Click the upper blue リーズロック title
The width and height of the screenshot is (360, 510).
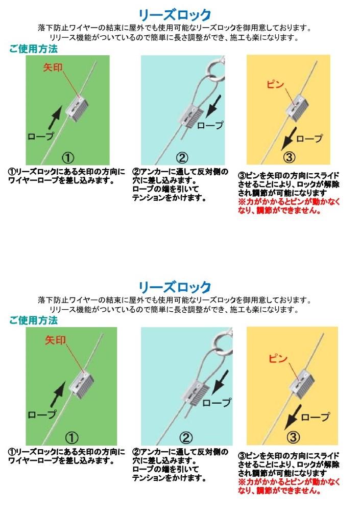(x=175, y=14)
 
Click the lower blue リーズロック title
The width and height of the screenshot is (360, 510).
(x=175, y=287)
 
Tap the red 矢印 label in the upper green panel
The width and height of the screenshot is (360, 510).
(x=53, y=67)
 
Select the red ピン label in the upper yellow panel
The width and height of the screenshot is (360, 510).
(x=275, y=84)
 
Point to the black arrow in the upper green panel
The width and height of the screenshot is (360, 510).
(x=55, y=118)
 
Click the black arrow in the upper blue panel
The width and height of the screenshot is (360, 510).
(x=213, y=106)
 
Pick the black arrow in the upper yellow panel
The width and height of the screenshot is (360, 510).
(x=289, y=138)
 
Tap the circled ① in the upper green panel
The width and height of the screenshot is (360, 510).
(x=67, y=158)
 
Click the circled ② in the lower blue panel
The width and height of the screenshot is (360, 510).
(x=185, y=438)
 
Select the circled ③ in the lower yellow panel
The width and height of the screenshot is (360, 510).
(x=293, y=437)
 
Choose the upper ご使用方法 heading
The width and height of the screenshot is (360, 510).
(x=34, y=49)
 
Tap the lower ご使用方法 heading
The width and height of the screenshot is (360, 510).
(x=34, y=320)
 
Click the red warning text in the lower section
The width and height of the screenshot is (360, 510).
(x=289, y=486)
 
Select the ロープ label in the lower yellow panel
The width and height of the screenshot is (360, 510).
(x=315, y=416)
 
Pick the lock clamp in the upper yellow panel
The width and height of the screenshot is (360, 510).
(x=297, y=105)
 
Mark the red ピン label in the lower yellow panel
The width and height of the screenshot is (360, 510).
(x=278, y=359)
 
